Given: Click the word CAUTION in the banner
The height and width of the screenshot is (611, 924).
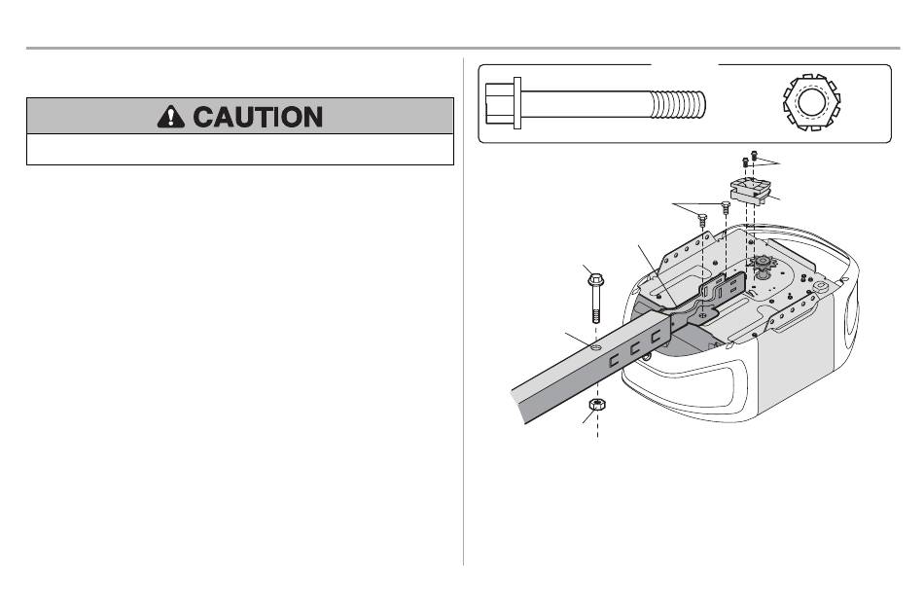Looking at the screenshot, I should (259, 117).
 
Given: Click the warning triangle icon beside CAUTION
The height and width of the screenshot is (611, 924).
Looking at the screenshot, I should (172, 117).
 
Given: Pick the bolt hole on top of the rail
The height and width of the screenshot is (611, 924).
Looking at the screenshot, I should (595, 344).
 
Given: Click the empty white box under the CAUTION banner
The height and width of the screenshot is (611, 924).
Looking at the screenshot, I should (240, 149).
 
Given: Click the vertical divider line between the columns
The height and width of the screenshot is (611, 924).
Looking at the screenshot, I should (464, 311).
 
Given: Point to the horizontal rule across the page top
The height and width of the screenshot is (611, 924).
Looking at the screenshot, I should (462, 48).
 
